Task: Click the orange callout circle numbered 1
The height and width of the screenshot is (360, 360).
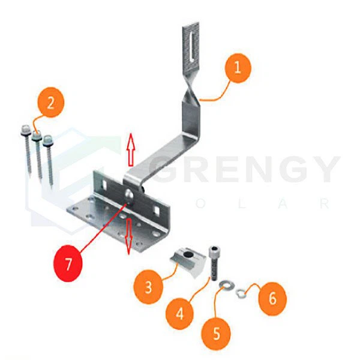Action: tap(237, 68)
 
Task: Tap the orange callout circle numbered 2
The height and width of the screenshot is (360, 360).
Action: tap(50, 103)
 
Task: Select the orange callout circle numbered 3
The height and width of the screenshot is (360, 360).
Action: tap(148, 287)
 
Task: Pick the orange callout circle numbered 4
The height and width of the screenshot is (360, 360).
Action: tap(179, 313)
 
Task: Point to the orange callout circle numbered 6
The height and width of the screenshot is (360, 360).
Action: tap(272, 299)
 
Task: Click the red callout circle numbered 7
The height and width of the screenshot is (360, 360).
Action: tap(68, 263)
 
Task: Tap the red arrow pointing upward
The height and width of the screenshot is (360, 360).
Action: tap(131, 149)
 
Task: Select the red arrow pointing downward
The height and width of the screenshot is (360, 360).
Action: tap(129, 236)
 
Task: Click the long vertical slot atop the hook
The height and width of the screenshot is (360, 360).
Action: tap(191, 46)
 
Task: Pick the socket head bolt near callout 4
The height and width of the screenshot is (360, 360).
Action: tap(213, 263)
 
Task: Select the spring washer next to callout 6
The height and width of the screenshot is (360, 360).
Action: tap(241, 293)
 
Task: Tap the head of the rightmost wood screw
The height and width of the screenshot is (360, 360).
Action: tap(48, 140)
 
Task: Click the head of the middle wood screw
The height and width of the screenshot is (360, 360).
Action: tap(37, 136)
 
